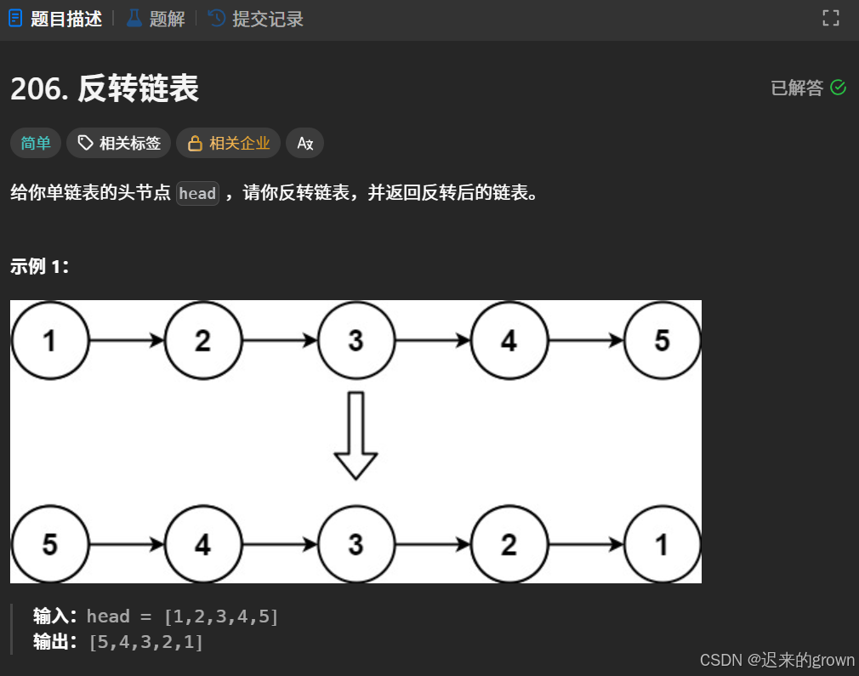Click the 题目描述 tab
pyautogui.click(x=56, y=19)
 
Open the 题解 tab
pyautogui.click(x=156, y=19)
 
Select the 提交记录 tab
pyautogui.click(x=256, y=19)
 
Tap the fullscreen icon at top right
pyautogui.click(x=830, y=18)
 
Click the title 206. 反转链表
pyautogui.click(x=105, y=88)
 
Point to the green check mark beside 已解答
pyautogui.click(x=838, y=88)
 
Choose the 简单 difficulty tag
pyautogui.click(x=36, y=144)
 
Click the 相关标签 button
pyautogui.click(x=119, y=144)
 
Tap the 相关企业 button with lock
pyautogui.click(x=228, y=144)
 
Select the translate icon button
pyautogui.click(x=304, y=144)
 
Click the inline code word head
pyautogui.click(x=197, y=194)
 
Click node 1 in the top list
pyautogui.click(x=49, y=341)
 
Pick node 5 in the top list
pyautogui.click(x=662, y=341)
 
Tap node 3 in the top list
pyautogui.click(x=356, y=341)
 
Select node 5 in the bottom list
pyautogui.click(x=49, y=544)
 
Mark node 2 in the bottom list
pyautogui.click(x=509, y=544)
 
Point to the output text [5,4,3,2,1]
pyautogui.click(x=146, y=641)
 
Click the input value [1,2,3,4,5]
pyautogui.click(x=221, y=616)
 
